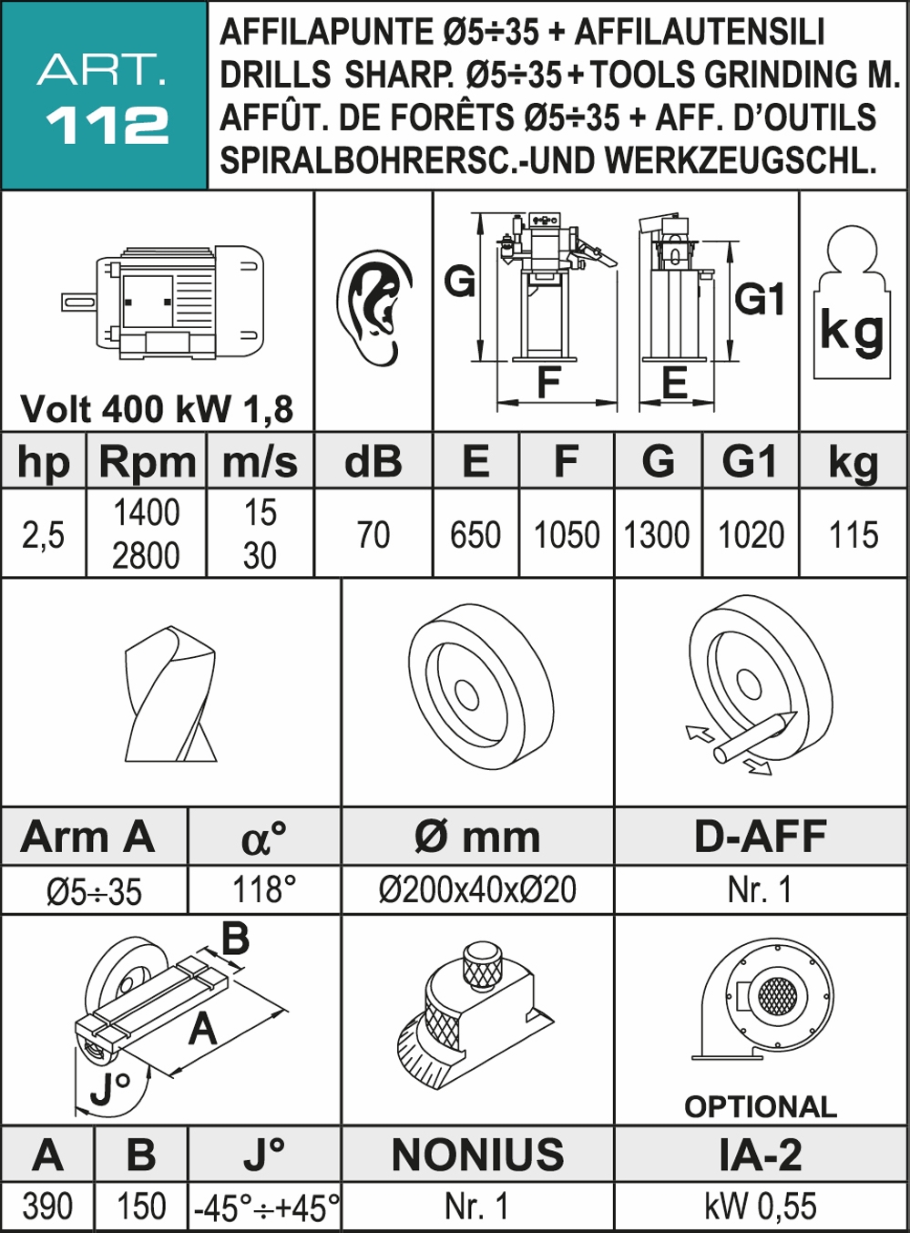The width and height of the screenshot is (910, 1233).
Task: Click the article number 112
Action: pyautogui.click(x=107, y=126)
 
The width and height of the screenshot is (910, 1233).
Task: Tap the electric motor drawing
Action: pyautogui.click(x=162, y=303)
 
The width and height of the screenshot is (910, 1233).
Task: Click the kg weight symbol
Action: pyautogui.click(x=852, y=303)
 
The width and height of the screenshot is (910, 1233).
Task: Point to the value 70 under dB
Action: pyautogui.click(x=373, y=535)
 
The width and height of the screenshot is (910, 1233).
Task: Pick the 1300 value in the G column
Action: pyautogui.click(x=657, y=535)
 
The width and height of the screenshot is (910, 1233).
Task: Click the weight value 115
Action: pyautogui.click(x=854, y=535)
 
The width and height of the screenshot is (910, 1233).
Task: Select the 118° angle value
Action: pyautogui.click(x=264, y=889)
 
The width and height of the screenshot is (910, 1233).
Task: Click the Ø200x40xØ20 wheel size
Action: pyautogui.click(x=477, y=889)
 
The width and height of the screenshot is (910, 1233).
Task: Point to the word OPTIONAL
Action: pyautogui.click(x=761, y=1106)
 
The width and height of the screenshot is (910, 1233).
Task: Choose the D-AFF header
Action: pyautogui.click(x=761, y=836)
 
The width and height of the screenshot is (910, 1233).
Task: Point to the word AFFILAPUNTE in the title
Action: pyautogui.click(x=326, y=32)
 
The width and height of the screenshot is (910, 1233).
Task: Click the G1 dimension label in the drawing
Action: pyautogui.click(x=760, y=299)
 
